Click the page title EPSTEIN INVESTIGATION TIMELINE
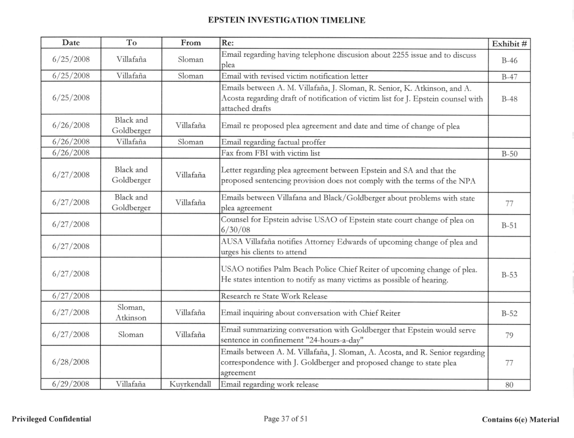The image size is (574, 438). [x=286, y=21]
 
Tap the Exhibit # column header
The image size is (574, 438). [x=508, y=43]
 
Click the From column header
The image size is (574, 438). [x=190, y=43]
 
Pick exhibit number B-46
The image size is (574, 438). [x=508, y=54]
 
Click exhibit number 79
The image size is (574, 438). [x=508, y=335]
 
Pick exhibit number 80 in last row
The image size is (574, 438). [x=508, y=385]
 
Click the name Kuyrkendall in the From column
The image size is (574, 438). [x=190, y=385]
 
